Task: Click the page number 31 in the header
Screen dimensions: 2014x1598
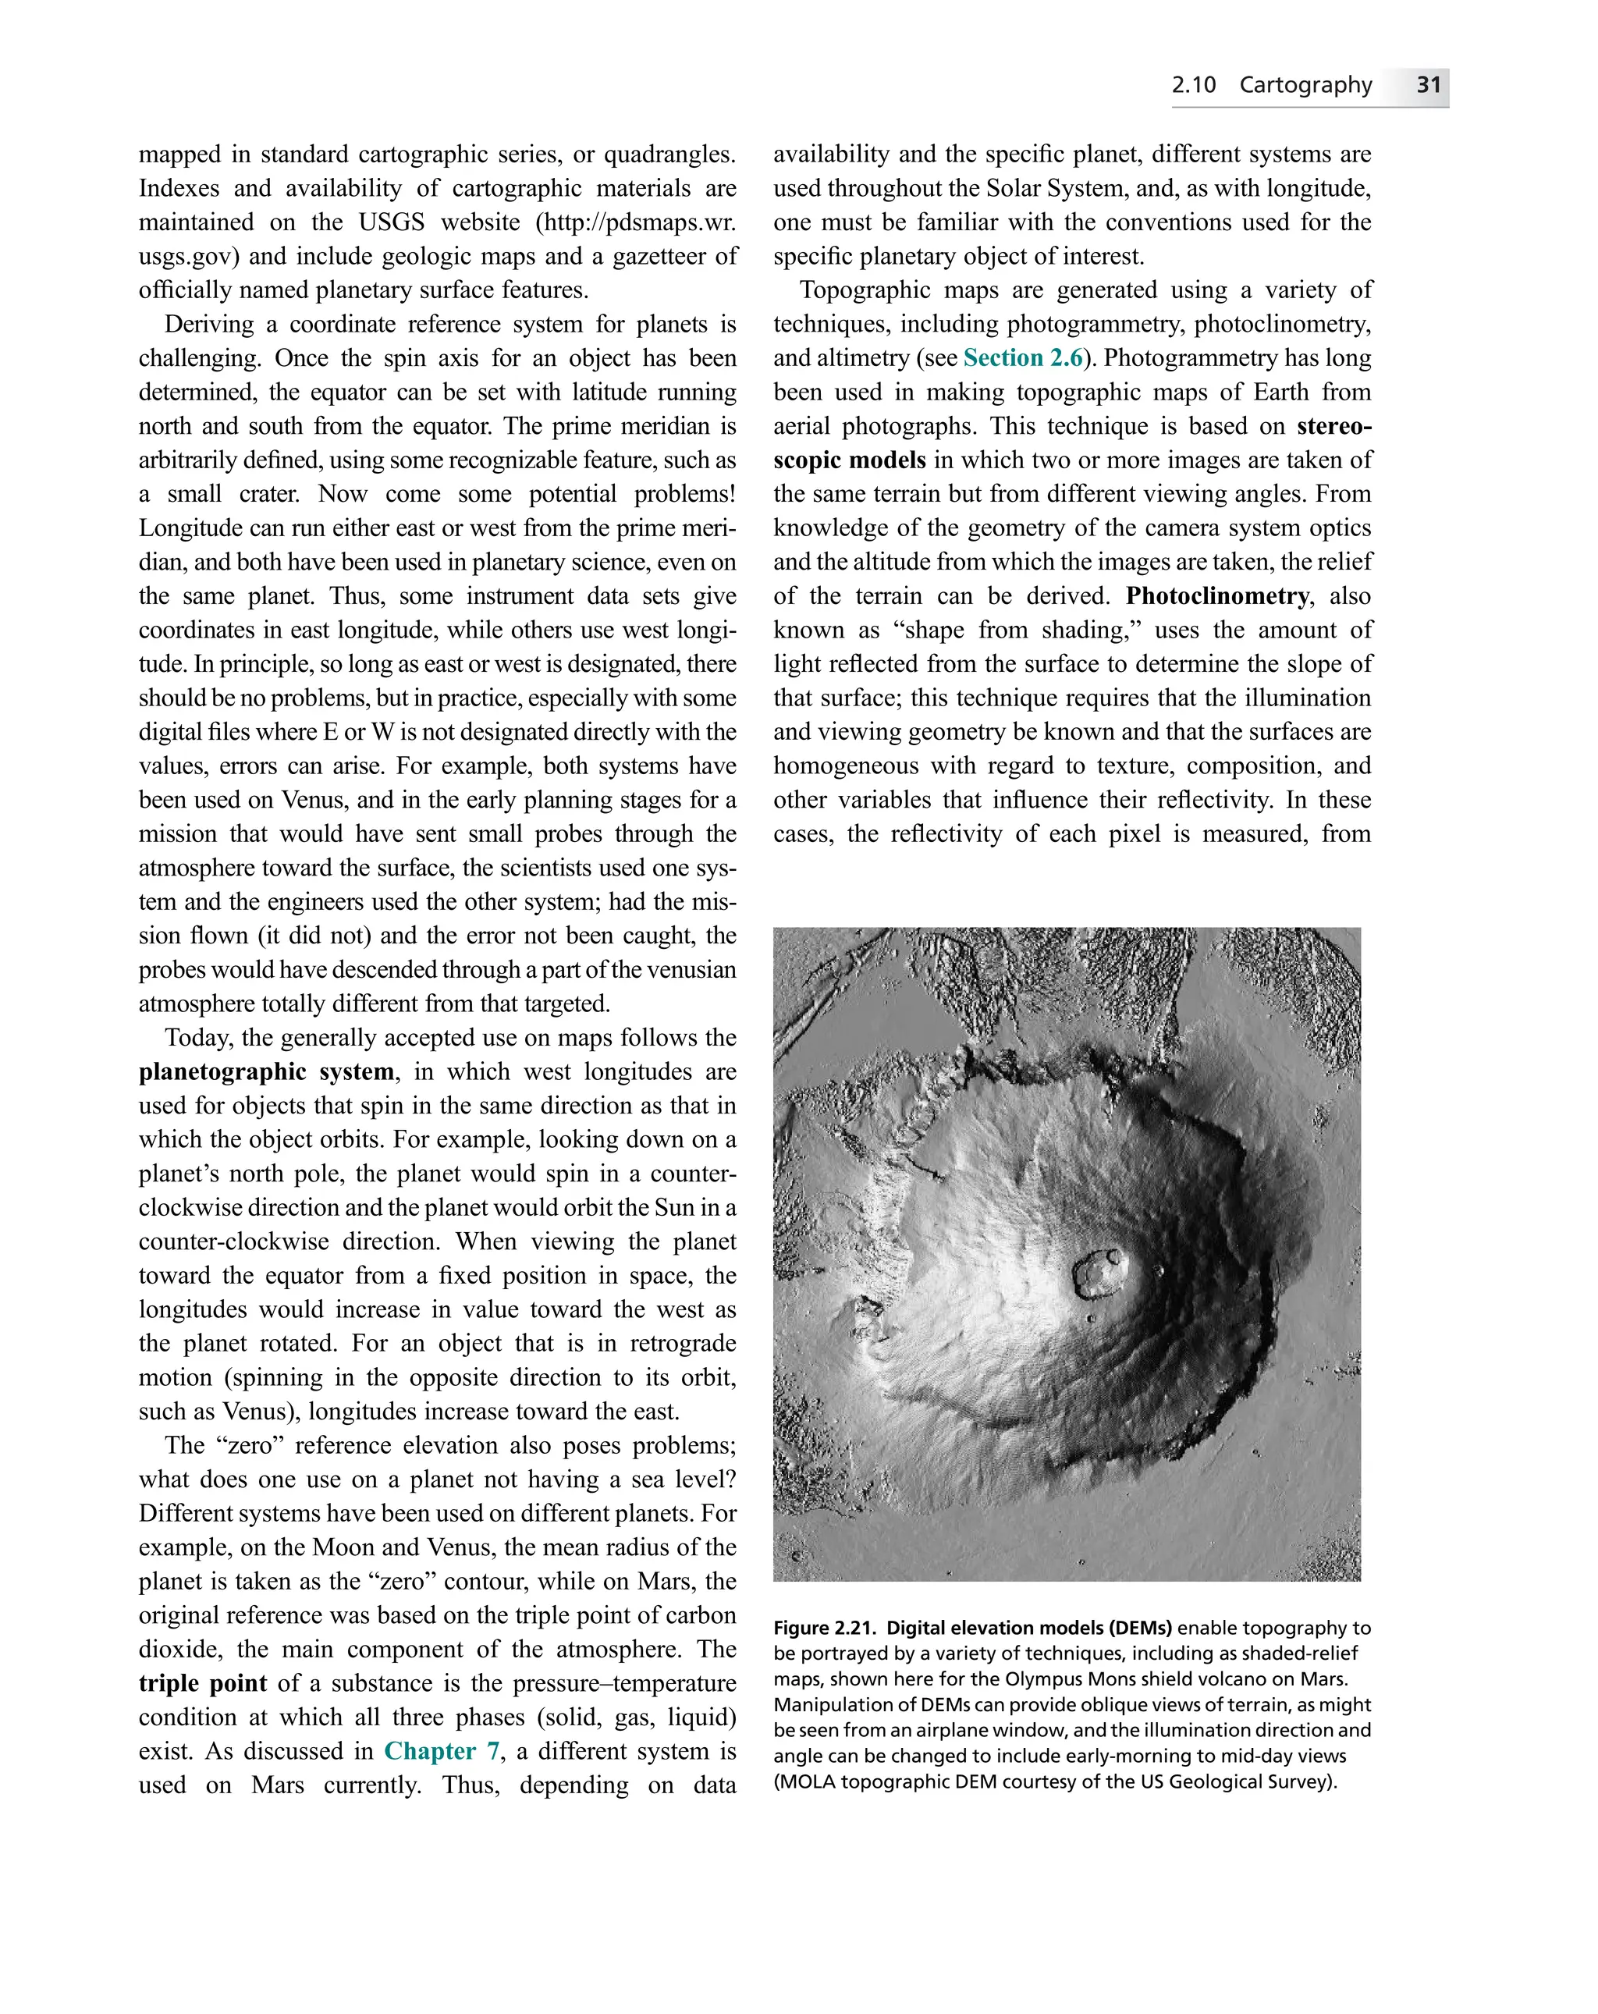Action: (1428, 85)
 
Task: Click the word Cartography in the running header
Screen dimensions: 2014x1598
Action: (1305, 85)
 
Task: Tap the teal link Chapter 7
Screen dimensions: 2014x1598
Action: (442, 1750)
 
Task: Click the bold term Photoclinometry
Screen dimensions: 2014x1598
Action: (1217, 596)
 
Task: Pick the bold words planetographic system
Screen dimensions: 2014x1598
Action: (267, 1071)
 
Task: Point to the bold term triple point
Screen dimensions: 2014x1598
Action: (202, 1683)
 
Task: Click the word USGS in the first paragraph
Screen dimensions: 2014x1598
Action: (392, 222)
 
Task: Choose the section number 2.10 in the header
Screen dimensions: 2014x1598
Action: (1193, 85)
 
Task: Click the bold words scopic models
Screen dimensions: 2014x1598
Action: (849, 460)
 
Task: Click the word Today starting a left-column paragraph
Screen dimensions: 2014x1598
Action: (199, 1038)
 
